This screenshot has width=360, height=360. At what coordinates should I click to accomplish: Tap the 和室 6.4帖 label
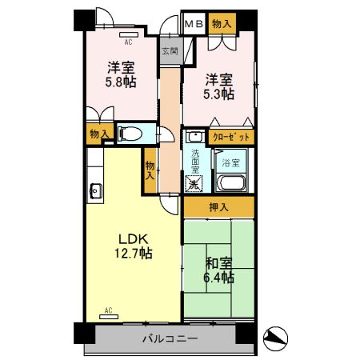pyautogui.click(x=218, y=270)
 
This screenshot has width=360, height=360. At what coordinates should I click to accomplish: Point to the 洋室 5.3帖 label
pyautogui.click(x=218, y=86)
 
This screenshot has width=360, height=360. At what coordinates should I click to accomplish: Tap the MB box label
pyautogui.click(x=194, y=24)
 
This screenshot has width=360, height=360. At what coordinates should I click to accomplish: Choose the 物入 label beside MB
pyautogui.click(x=222, y=24)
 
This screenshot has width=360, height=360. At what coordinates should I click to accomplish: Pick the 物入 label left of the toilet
pyautogui.click(x=99, y=134)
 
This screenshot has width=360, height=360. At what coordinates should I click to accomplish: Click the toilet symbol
pyautogui.click(x=130, y=133)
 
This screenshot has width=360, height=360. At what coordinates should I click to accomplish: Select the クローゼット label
pyautogui.click(x=232, y=137)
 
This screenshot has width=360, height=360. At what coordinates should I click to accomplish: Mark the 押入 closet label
pyautogui.click(x=218, y=208)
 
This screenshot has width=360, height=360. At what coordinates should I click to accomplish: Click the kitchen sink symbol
pyautogui.click(x=95, y=190)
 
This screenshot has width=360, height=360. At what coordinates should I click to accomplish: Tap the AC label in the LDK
pyautogui.click(x=107, y=309)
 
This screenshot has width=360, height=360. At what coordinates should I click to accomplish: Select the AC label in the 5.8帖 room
pyautogui.click(x=127, y=37)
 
